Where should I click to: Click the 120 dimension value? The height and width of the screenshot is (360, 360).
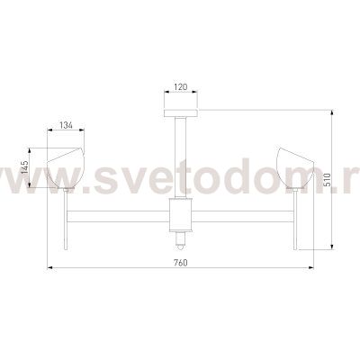(x=181, y=87)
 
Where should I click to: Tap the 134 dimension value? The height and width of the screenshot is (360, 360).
(x=66, y=125)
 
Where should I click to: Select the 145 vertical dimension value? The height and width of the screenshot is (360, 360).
(x=25, y=167)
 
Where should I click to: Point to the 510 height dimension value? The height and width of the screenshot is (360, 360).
(x=328, y=180)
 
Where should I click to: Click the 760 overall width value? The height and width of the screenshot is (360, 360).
(x=181, y=263)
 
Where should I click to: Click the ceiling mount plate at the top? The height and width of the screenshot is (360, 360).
(x=181, y=113)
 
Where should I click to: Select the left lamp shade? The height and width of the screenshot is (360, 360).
(x=66, y=168)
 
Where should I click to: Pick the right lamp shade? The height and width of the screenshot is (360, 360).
(x=296, y=168)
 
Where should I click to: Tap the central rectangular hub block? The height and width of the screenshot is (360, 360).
(x=181, y=215)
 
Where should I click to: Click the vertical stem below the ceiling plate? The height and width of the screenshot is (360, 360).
(x=181, y=157)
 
